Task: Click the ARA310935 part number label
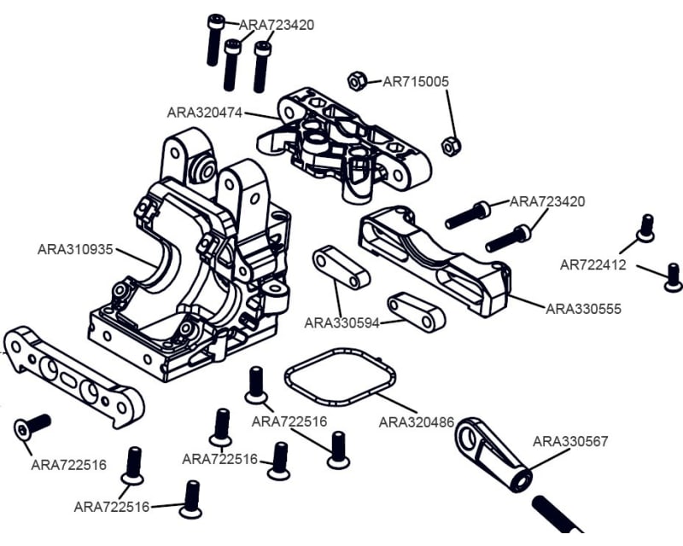75,249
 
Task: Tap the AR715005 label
416,82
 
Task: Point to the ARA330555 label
583,308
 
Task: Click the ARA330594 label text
341,322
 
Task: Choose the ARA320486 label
416,421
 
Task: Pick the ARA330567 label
570,441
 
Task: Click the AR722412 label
593,264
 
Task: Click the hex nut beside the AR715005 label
358,81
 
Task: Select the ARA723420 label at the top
276,25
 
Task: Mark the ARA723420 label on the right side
547,201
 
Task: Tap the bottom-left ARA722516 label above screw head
111,507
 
